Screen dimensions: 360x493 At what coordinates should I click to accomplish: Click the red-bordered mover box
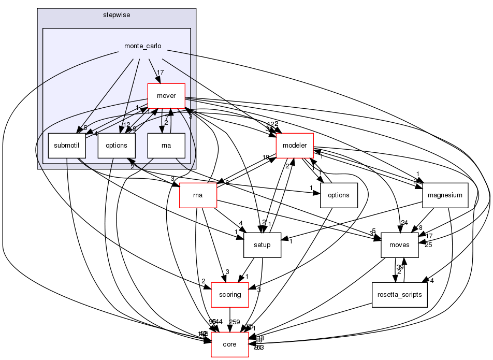(x=166, y=96)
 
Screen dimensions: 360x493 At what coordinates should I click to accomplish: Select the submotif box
(x=67, y=146)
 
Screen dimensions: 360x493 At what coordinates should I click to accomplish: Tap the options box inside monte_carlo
(x=117, y=146)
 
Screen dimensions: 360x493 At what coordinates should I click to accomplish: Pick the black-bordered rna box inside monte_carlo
(x=166, y=146)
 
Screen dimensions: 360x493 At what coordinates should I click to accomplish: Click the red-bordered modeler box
(x=295, y=146)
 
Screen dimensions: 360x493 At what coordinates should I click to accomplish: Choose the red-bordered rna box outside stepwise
(x=197, y=195)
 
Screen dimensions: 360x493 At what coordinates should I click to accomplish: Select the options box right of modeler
(x=339, y=195)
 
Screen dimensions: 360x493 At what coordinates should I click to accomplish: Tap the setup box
(x=263, y=245)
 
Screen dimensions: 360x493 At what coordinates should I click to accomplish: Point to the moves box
(x=399, y=245)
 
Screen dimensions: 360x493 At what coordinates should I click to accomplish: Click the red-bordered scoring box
(x=230, y=295)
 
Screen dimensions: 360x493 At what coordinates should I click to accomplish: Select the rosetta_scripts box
(x=399, y=295)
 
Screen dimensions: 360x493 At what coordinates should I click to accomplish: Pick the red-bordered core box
(x=230, y=344)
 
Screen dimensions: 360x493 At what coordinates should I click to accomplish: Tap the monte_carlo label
(x=142, y=46)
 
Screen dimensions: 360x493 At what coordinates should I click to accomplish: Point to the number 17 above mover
(x=161, y=73)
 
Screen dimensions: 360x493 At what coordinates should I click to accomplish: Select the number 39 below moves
(x=400, y=267)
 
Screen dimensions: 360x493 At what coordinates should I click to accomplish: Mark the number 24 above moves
(x=404, y=223)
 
